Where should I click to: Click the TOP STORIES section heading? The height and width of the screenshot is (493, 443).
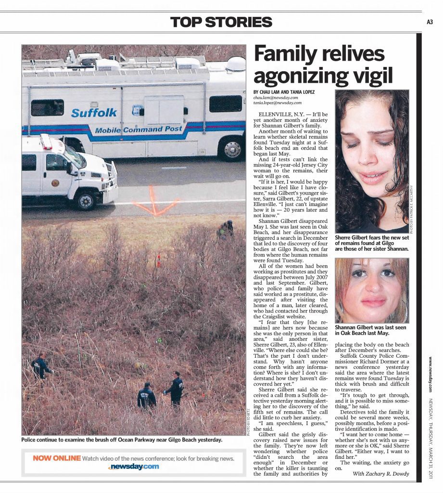coord(221,22)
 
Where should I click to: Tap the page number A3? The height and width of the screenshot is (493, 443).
coord(430,22)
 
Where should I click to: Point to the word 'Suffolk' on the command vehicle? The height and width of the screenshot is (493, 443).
coord(94,113)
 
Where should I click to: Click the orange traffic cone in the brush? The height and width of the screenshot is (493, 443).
coord(158,260)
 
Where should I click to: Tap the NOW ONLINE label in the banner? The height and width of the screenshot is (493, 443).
coord(57,458)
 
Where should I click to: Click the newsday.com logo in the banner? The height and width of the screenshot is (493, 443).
coord(134,467)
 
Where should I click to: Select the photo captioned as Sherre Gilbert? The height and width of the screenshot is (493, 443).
coord(372,161)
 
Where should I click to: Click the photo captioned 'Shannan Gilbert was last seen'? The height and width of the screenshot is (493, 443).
coord(372,290)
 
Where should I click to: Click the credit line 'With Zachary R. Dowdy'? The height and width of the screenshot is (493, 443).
coord(380,474)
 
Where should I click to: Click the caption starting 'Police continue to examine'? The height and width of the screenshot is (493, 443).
coord(122,440)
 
